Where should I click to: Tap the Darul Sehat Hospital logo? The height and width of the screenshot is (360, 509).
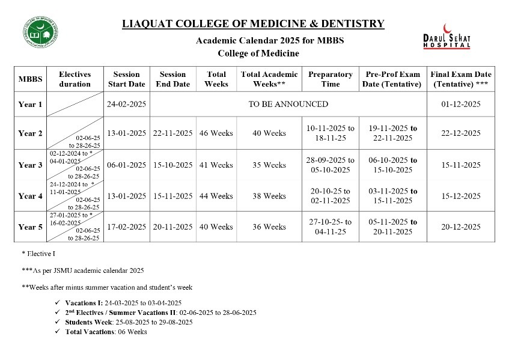click(447, 37)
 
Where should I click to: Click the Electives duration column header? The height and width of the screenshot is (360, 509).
click(75, 79)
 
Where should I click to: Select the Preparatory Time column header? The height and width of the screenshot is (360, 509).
click(330, 79)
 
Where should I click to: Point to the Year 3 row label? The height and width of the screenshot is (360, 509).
click(30, 165)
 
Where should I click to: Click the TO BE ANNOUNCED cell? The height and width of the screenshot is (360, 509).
click(288, 104)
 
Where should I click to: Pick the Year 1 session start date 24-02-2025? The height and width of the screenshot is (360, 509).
click(126, 104)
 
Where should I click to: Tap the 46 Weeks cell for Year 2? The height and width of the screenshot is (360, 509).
click(216, 133)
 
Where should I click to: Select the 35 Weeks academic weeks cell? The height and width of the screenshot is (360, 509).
click(269, 165)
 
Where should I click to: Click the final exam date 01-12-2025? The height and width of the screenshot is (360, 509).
click(460, 104)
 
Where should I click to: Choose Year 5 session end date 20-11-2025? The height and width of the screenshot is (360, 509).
click(172, 227)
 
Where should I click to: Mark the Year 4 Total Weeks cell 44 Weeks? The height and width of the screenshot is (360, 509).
click(216, 196)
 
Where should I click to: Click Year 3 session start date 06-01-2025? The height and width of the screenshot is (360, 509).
click(126, 165)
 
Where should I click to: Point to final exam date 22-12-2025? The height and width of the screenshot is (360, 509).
click(460, 133)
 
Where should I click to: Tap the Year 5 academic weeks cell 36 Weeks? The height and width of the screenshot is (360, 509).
click(269, 227)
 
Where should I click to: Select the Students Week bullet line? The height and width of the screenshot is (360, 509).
click(129, 322)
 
